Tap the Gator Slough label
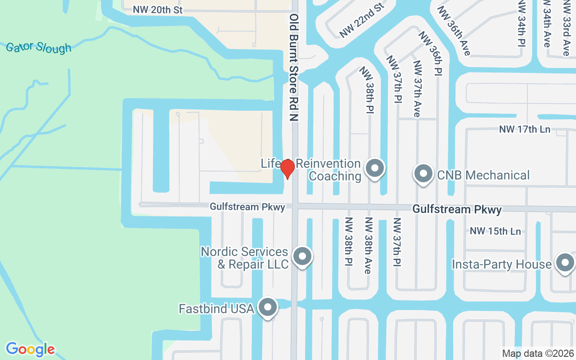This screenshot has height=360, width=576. point(39,47)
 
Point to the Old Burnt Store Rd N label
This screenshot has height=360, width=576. point(294,67)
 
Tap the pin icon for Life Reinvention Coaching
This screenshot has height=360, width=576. point(374,169)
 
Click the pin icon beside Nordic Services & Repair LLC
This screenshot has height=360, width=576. point(302,257)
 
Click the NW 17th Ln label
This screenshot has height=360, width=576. point(525,130)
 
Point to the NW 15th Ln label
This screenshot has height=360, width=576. point(495,231)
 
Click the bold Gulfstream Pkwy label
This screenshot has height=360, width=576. point(457,210)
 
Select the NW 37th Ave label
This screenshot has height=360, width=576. point(417,89)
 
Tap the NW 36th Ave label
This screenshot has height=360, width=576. point(454,31)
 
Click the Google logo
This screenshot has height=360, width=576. point(30,349)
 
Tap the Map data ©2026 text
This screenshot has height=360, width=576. point(538,353)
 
